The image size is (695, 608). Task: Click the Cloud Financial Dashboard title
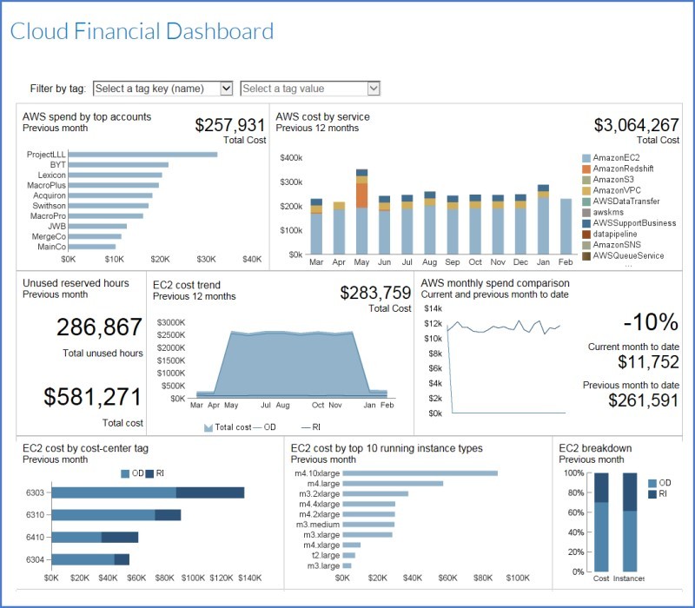click(x=142, y=32)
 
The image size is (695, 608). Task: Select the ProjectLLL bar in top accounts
click(x=142, y=155)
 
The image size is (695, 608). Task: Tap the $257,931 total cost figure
click(x=229, y=125)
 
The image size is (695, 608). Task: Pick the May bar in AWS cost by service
click(x=361, y=213)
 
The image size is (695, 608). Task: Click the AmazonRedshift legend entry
click(x=623, y=169)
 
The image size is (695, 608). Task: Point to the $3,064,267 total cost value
click(x=636, y=125)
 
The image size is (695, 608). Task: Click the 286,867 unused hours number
click(x=99, y=327)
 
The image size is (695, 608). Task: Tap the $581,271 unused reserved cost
click(x=92, y=397)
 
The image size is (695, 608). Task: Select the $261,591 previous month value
click(x=643, y=400)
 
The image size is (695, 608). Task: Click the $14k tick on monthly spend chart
click(x=432, y=308)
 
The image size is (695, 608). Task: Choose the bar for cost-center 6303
click(x=148, y=492)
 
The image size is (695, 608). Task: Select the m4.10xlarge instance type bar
click(x=420, y=473)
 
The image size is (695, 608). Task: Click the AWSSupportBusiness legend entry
click(x=634, y=223)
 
